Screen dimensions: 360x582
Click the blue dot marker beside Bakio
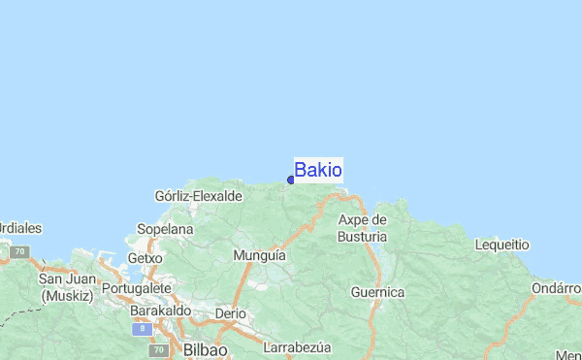(x=291, y=180)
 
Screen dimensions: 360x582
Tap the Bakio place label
(x=317, y=170)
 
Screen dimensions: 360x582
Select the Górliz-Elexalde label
(x=198, y=196)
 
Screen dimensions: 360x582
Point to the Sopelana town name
(x=165, y=229)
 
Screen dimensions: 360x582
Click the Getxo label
(x=145, y=259)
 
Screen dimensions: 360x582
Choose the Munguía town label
(x=260, y=255)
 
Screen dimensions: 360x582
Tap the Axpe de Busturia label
(x=362, y=228)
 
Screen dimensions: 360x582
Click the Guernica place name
(x=377, y=291)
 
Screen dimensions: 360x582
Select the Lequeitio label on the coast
(x=501, y=245)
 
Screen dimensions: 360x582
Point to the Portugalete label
(x=136, y=288)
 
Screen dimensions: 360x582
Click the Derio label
(x=230, y=313)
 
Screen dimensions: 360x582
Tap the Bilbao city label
(x=204, y=349)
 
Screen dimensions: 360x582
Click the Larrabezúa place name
(x=298, y=346)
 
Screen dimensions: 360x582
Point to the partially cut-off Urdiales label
(x=20, y=228)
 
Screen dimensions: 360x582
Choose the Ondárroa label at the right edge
(x=556, y=288)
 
